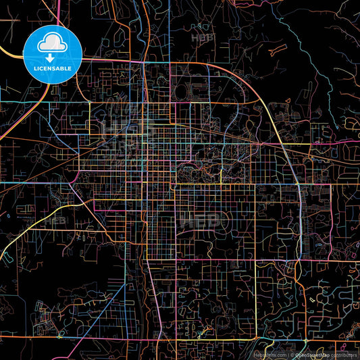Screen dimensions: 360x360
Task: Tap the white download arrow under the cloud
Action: [x=53, y=58]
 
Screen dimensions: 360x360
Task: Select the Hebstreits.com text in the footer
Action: [x=269, y=354]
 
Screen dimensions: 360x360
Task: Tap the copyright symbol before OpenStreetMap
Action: [x=292, y=354]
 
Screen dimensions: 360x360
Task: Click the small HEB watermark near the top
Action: [x=202, y=38]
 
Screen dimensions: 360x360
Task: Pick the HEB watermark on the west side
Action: [x=57, y=220]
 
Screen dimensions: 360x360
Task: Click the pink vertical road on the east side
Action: [x=298, y=223]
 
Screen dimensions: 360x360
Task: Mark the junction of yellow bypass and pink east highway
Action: [x=299, y=184]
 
